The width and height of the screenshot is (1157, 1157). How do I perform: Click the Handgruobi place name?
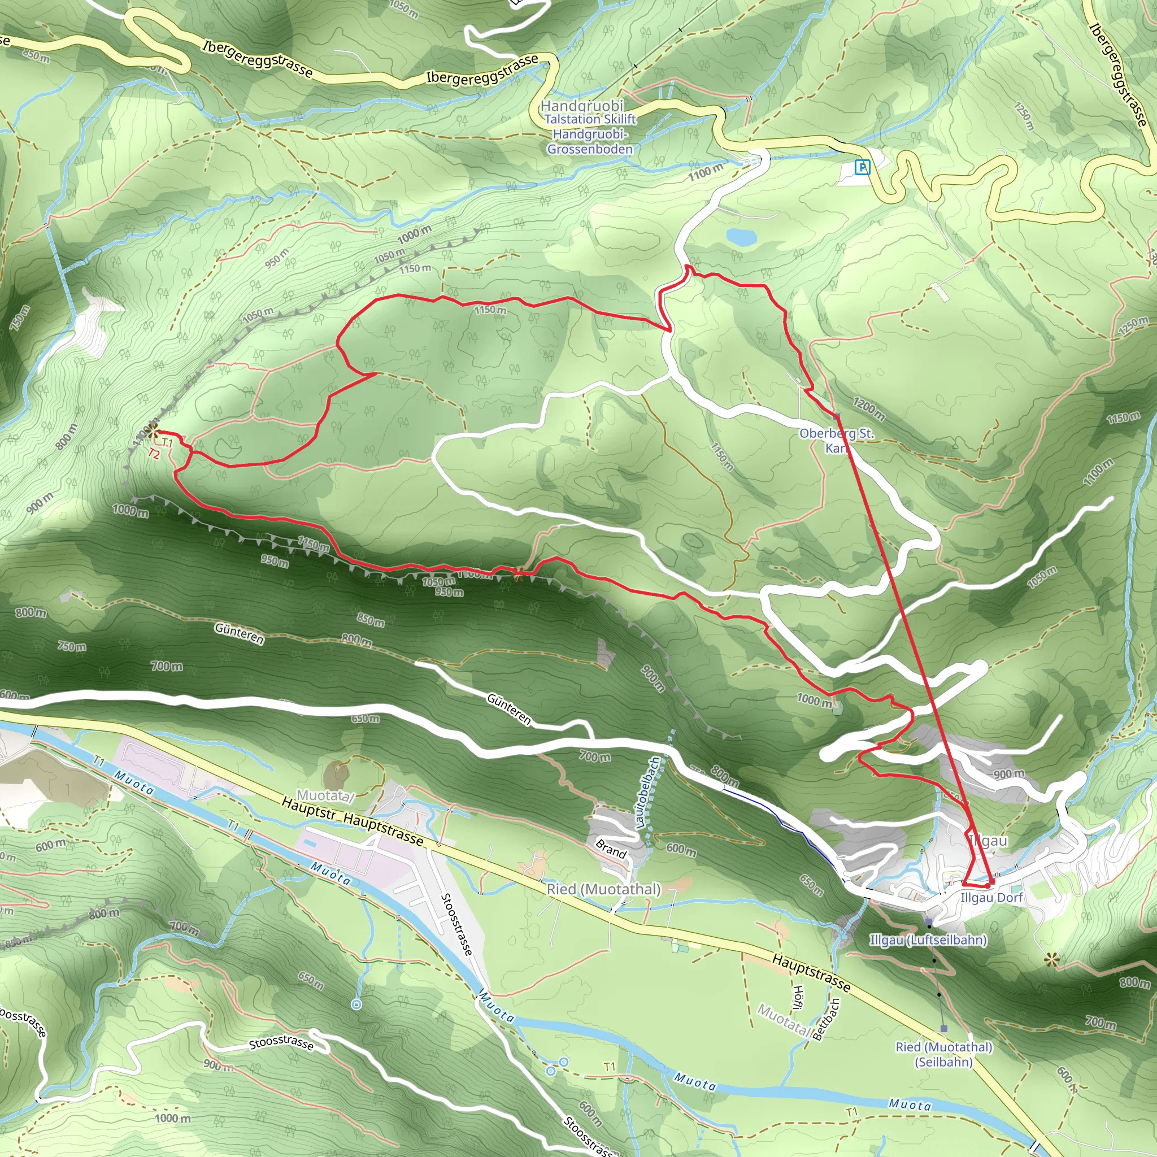click(581, 106)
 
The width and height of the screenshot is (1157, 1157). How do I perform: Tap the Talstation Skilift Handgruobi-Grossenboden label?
click(590, 134)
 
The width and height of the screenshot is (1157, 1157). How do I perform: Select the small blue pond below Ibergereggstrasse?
click(741, 237)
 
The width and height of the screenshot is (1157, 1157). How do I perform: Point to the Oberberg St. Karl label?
click(836, 440)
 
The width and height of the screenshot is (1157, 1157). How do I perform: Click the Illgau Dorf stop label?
click(991, 897)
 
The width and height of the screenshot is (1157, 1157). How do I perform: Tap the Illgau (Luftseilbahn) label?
click(928, 939)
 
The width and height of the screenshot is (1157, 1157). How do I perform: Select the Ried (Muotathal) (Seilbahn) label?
click(944, 1054)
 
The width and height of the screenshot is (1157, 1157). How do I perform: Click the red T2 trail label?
click(154, 455)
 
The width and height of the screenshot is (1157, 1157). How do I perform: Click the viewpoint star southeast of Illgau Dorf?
click(1050, 960)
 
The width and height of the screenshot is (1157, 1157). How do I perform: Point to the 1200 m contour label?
click(868, 409)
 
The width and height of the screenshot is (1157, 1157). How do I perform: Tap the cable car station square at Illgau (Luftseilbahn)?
click(928, 921)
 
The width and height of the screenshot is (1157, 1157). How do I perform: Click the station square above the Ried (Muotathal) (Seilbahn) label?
click(944, 1029)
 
